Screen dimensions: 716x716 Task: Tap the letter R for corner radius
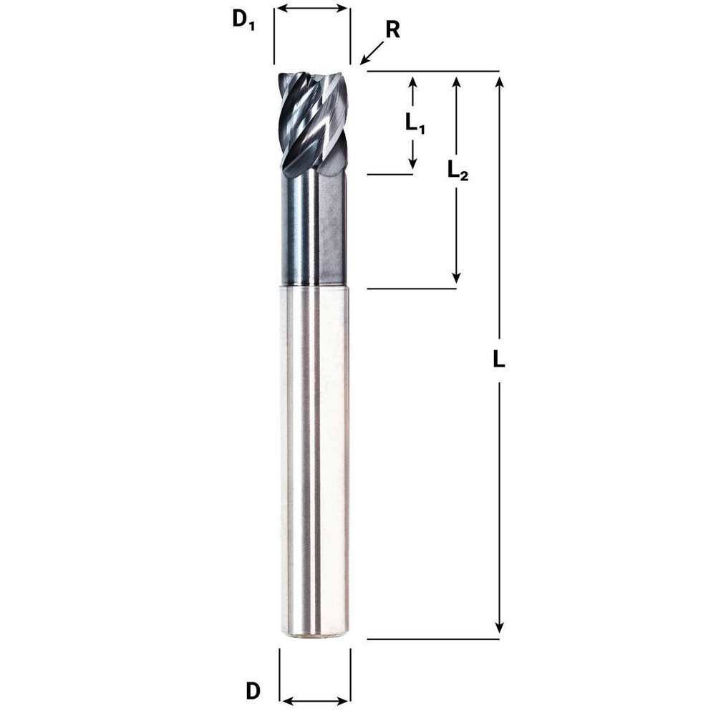392,30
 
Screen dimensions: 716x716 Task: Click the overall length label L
499,360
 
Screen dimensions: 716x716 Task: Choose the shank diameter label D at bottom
252,692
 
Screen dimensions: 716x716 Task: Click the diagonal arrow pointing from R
372,54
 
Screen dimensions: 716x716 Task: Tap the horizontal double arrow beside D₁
312,9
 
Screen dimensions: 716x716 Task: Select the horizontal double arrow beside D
315,700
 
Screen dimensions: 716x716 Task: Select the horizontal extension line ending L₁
390,173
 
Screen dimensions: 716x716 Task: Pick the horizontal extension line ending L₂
411,289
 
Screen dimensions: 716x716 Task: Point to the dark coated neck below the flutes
312,229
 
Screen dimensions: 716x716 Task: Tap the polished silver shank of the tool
314,458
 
